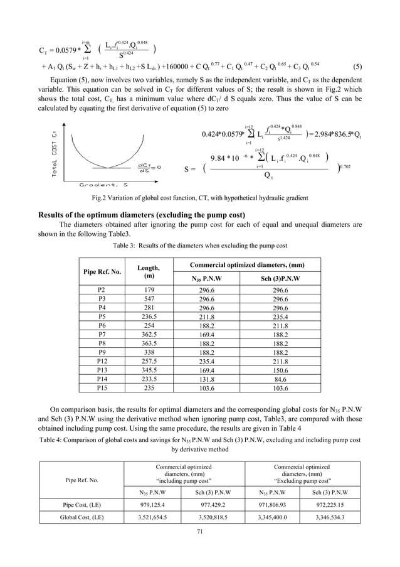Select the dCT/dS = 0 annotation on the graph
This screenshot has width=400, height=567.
[x=149, y=167]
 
